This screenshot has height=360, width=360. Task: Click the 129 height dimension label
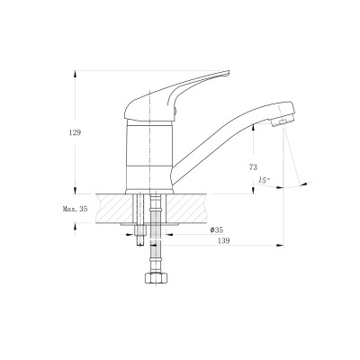click(x=75, y=132)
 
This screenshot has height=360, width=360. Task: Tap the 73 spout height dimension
click(x=253, y=167)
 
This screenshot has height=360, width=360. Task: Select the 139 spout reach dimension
click(x=224, y=240)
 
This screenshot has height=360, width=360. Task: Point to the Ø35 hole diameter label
click(x=217, y=230)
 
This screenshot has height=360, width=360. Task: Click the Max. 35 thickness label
click(x=76, y=209)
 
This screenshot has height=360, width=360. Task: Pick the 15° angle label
click(x=265, y=180)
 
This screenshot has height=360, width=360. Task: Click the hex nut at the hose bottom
click(x=156, y=278)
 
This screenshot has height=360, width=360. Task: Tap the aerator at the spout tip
click(x=283, y=121)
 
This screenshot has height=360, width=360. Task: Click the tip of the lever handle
click(x=229, y=71)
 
